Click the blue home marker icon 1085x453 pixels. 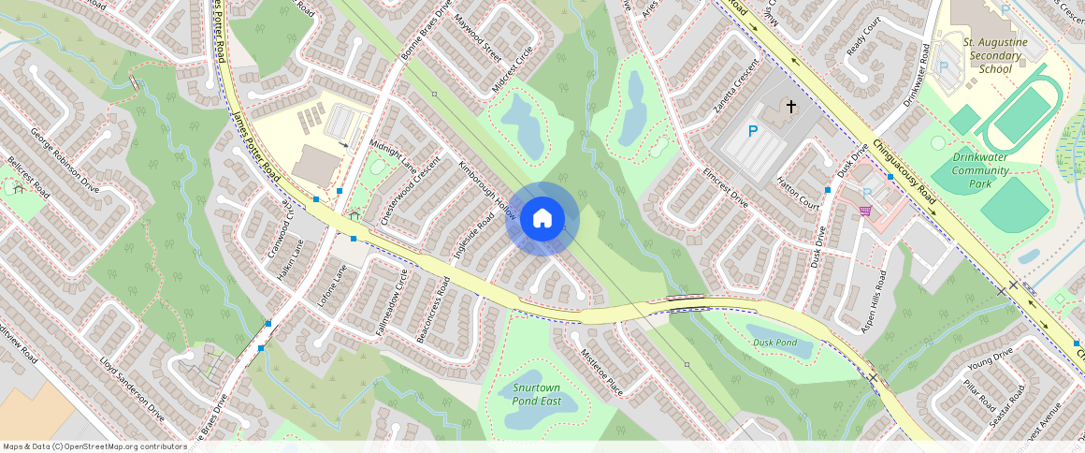click(x=542, y=219)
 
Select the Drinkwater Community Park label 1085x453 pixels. click(x=979, y=170)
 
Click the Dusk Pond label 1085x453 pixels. click(x=774, y=343)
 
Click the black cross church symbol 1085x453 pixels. click(x=790, y=107)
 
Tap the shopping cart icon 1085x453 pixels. click(x=865, y=211)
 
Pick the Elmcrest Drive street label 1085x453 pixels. click(x=727, y=187)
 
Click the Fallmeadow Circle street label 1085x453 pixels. click(x=393, y=300)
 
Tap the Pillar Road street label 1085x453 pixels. click(x=979, y=398)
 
